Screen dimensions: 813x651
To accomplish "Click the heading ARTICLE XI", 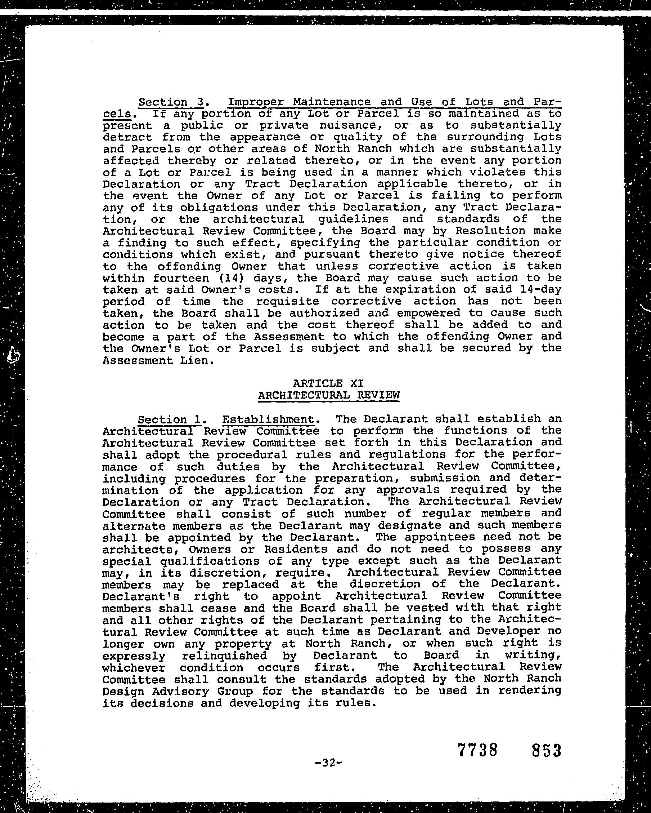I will [x=328, y=383].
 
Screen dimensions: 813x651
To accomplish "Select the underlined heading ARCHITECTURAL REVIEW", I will [x=328, y=395].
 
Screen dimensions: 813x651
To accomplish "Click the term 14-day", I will [x=539, y=290].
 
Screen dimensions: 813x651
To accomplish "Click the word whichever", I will [x=134, y=667].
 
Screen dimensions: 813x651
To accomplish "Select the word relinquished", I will [x=224, y=656].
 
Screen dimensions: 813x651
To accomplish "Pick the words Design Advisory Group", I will [x=178, y=691].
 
